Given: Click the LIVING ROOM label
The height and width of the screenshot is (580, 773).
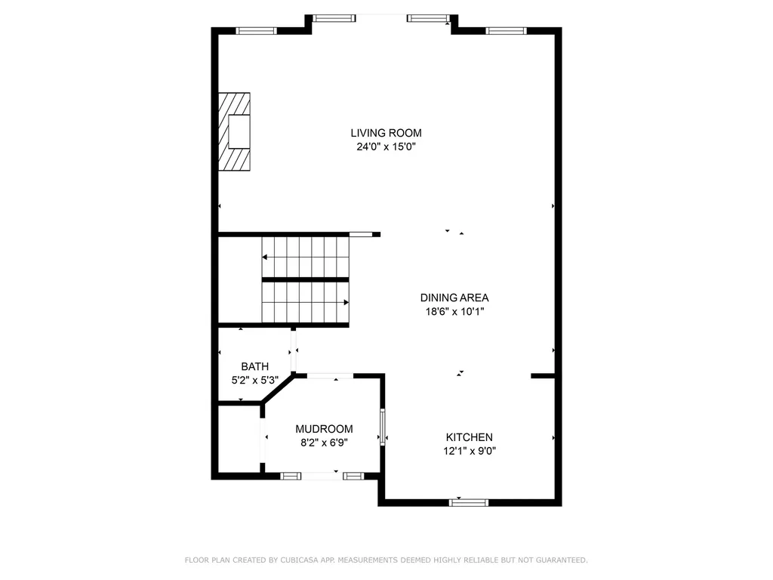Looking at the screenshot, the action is coord(386,133).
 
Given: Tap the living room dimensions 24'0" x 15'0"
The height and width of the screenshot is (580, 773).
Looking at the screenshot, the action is coord(386,147).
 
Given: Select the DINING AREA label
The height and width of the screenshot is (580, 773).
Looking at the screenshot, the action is coord(454,298).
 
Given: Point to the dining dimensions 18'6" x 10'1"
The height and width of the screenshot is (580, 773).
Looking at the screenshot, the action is coord(454,311).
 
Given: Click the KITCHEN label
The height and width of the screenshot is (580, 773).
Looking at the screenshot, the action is coord(469,437).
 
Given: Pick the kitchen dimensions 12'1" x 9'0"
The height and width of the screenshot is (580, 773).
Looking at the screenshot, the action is coord(470,451).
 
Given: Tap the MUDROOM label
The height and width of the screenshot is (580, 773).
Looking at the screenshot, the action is coord(324,429).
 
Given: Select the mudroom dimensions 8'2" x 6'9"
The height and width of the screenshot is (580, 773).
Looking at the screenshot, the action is coord(324,443).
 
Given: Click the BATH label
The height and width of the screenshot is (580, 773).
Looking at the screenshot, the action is coord(255,366).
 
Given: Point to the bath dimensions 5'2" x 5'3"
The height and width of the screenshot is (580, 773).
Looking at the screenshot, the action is coord(255,381).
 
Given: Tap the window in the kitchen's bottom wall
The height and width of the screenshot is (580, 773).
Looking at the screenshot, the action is coord(469,502).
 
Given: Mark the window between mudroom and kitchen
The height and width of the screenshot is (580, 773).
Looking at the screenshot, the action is coord(382,427).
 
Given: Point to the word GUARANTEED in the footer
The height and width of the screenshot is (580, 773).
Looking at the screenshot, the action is coord(561,560).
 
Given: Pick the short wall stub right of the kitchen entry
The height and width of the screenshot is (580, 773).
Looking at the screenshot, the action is coord(543,376).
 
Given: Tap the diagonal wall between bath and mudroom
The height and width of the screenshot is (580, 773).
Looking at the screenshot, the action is coord(277,389).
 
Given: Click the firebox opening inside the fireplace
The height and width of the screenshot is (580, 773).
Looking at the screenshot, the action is coord(239,131).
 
